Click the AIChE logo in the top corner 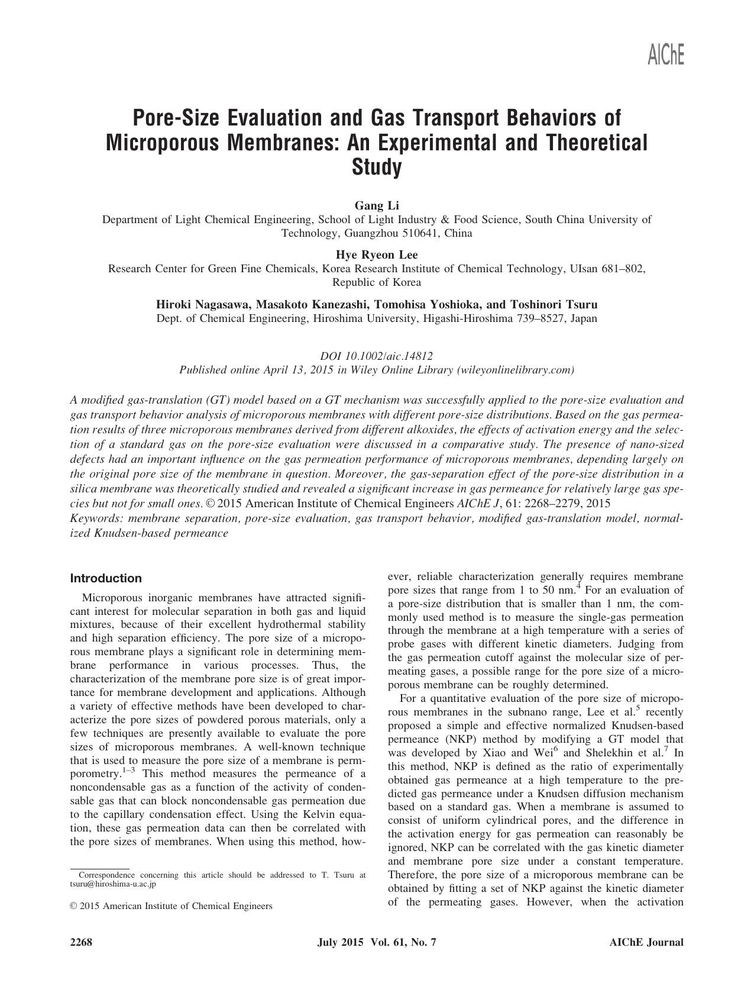666,55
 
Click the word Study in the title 377,167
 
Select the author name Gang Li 377,206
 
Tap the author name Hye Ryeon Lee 377,255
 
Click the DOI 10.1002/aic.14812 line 377,356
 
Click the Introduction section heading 106,578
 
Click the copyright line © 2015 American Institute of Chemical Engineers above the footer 171,906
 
